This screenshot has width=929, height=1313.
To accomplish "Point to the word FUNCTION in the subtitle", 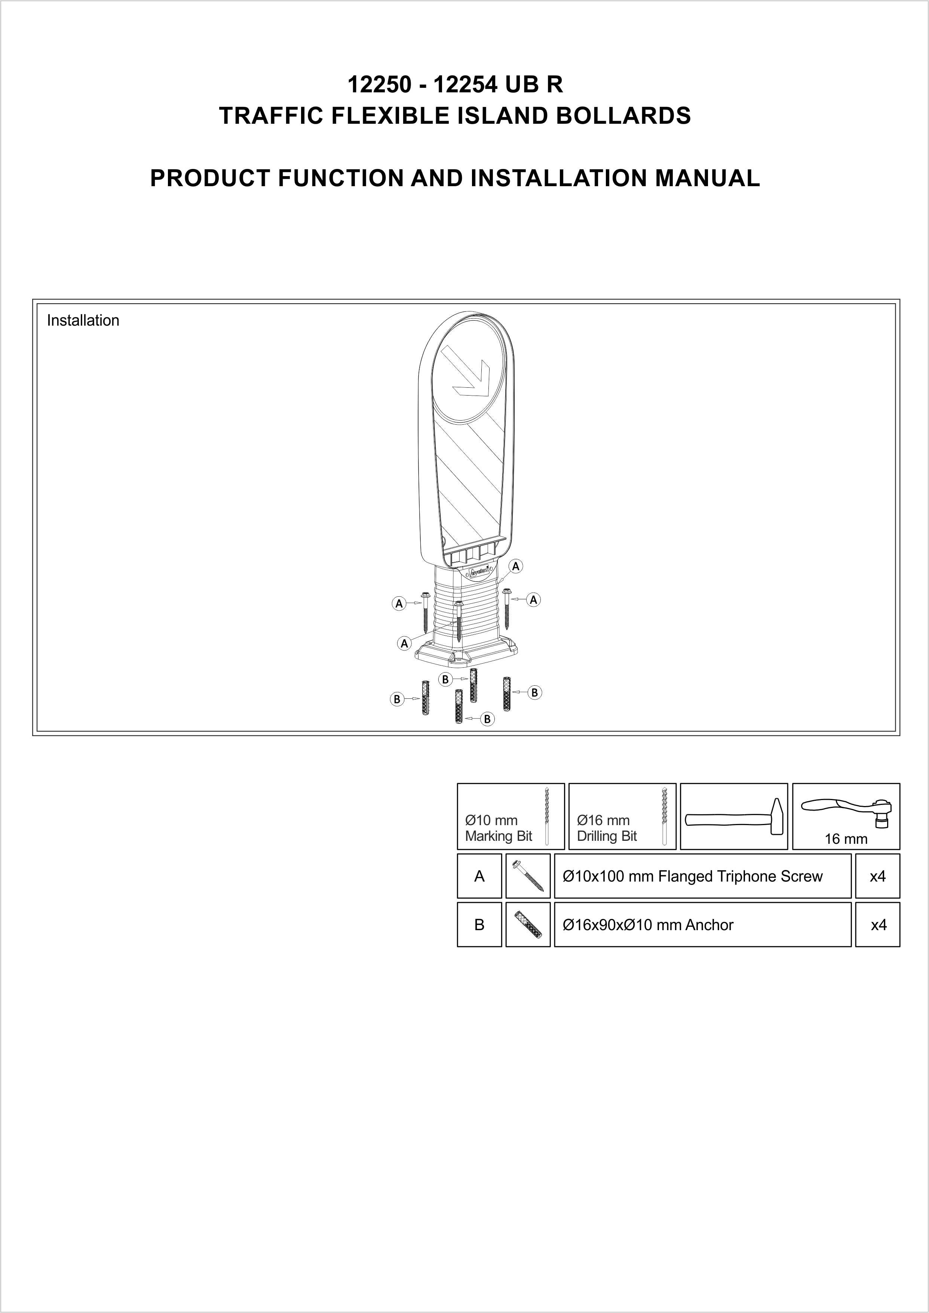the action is pos(341,178).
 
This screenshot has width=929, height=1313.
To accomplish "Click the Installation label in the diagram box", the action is pos(83,320).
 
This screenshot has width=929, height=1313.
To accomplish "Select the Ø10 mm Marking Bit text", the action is pos(498,828).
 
